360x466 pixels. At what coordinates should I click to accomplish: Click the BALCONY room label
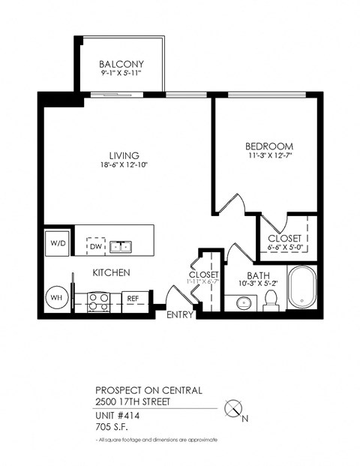click(x=121, y=64)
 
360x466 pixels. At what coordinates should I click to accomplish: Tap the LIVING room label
click(x=124, y=155)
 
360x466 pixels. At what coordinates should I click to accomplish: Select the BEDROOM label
click(x=269, y=146)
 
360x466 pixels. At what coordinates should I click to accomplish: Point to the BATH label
click(x=259, y=276)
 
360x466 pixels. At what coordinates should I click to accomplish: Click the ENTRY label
click(x=180, y=314)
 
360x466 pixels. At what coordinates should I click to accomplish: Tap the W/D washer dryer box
click(x=58, y=244)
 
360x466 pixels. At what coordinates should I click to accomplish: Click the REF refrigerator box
click(x=133, y=299)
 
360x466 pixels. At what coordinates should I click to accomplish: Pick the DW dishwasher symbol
click(x=95, y=245)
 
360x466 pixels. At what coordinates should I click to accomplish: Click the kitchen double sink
click(x=119, y=245)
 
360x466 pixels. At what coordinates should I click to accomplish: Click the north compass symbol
click(x=235, y=409)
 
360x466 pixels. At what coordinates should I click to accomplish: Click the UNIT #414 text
click(x=117, y=415)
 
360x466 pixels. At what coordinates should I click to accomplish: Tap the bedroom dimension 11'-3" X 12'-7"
click(x=269, y=156)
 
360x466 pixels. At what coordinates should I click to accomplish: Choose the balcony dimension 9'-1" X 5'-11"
click(x=121, y=74)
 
